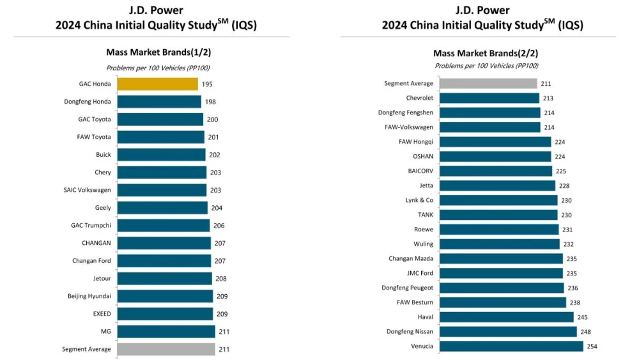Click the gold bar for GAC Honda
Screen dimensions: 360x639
157,84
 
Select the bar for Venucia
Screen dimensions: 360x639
511,346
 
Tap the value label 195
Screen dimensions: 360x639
207,84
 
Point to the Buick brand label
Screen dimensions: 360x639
104,155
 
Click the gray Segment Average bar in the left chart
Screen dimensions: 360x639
166,349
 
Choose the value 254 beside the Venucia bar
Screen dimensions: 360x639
591,346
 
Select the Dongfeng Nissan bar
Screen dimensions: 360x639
508,331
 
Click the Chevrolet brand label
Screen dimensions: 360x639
419,98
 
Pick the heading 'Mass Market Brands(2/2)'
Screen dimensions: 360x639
486,53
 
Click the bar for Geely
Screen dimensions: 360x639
162,208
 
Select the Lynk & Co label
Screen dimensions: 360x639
419,200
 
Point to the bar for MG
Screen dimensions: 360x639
166,331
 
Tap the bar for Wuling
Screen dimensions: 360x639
500,244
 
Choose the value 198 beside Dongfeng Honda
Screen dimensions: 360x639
210,102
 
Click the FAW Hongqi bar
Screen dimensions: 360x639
495,142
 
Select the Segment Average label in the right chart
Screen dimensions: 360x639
408,83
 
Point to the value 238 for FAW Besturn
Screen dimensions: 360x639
574,302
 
